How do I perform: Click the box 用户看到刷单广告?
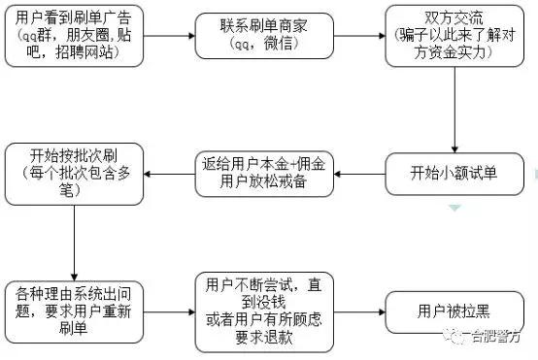pyautogui.click(x=74, y=34)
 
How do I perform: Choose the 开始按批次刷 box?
pyautogui.click(x=74, y=173)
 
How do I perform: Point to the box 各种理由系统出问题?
pyautogui.click(x=74, y=310)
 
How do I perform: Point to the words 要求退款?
pyautogui.click(x=258, y=338)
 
